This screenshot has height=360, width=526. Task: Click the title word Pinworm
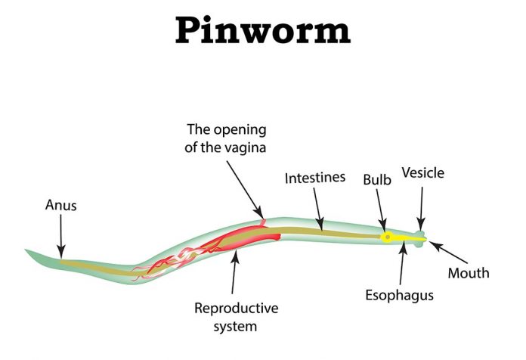[263, 31]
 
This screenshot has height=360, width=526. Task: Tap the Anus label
[60, 205]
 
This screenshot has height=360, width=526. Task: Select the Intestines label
[315, 178]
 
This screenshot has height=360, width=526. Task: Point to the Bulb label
[377, 180]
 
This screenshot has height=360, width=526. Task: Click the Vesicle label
[423, 173]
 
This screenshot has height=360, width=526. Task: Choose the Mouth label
[469, 273]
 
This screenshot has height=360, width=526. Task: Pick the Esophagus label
[399, 296]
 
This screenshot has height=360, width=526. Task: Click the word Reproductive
[236, 309]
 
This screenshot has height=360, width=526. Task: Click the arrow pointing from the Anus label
[60, 237]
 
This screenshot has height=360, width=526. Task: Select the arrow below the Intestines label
[319, 209]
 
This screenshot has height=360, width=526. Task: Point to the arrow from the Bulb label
[381, 210]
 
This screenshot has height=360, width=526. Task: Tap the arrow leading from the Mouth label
[448, 252]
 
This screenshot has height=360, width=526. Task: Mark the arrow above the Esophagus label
[402, 263]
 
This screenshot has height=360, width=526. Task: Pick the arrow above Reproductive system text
[235, 272]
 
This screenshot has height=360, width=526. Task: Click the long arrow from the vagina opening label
[245, 190]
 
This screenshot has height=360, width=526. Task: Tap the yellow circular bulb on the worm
[388, 237]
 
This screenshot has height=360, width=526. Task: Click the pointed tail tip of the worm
[26, 250]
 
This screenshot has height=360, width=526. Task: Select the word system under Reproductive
[236, 327]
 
